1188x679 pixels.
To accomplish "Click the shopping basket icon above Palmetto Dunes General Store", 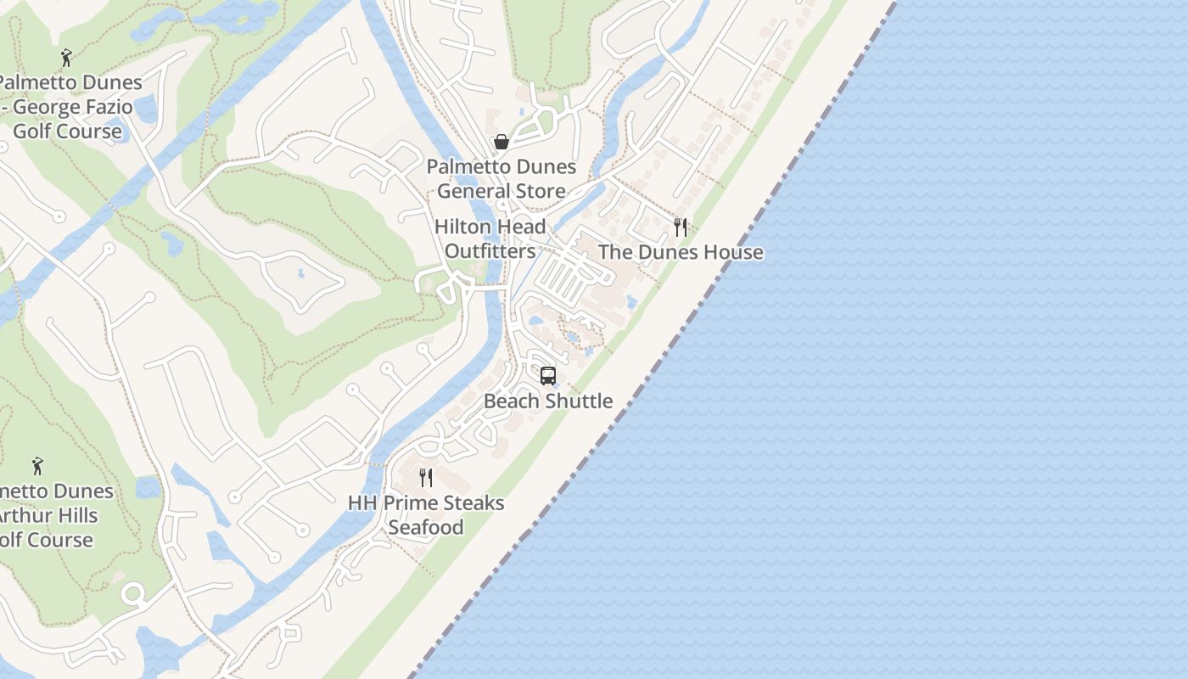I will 502,142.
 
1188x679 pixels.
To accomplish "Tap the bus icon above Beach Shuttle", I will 548,375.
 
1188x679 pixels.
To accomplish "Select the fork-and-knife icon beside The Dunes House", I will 680,227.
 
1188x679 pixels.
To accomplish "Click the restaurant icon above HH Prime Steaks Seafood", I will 426,478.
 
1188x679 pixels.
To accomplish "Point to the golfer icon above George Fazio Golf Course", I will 67,58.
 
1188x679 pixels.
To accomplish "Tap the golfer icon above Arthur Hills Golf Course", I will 37,466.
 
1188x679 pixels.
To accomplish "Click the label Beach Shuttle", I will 548,401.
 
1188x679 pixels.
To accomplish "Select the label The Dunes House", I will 681,252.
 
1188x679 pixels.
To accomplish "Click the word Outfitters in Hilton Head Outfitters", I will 490,251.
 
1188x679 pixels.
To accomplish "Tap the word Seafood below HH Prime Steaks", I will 426,527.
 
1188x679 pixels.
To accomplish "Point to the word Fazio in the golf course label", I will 107,107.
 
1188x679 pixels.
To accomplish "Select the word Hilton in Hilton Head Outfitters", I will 462,227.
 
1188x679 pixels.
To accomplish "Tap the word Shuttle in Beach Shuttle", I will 578,401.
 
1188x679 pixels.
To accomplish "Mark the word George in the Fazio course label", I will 44,107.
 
